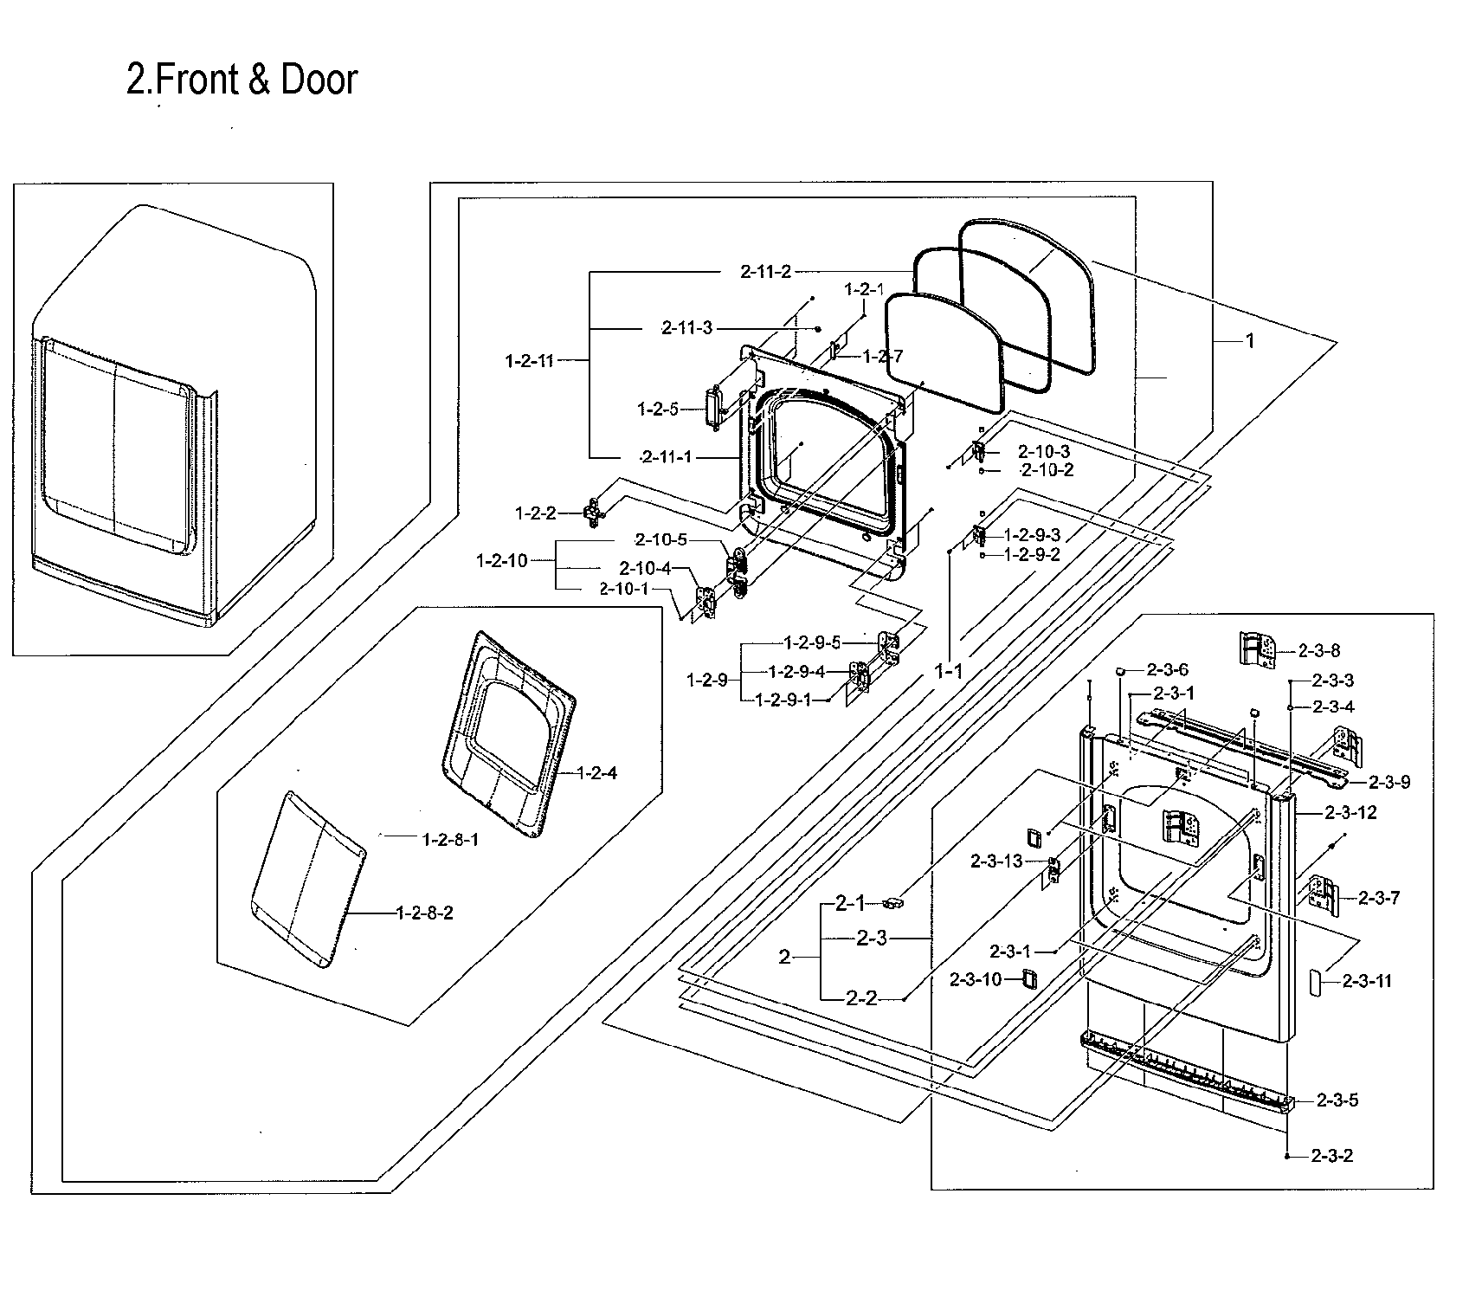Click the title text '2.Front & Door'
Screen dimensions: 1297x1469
tap(242, 80)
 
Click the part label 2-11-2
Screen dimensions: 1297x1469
tap(765, 272)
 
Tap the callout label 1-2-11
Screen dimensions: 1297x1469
tap(529, 361)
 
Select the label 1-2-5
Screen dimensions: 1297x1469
tap(657, 409)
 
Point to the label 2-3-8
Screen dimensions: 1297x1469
tap(1319, 650)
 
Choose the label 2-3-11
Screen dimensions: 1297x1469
tap(1367, 982)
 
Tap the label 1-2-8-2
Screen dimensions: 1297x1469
tap(424, 913)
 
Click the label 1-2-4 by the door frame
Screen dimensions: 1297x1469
tap(596, 773)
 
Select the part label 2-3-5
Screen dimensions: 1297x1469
tap(1337, 1100)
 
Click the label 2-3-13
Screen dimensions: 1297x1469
tap(996, 861)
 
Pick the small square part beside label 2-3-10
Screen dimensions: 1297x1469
tap(1028, 978)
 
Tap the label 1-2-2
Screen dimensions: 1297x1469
tap(535, 513)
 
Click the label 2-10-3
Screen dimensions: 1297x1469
tap(1043, 451)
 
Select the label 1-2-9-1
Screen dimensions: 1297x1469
tap(783, 700)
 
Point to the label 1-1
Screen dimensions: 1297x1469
tap(948, 670)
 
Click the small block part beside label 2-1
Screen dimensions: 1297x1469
tap(893, 903)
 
